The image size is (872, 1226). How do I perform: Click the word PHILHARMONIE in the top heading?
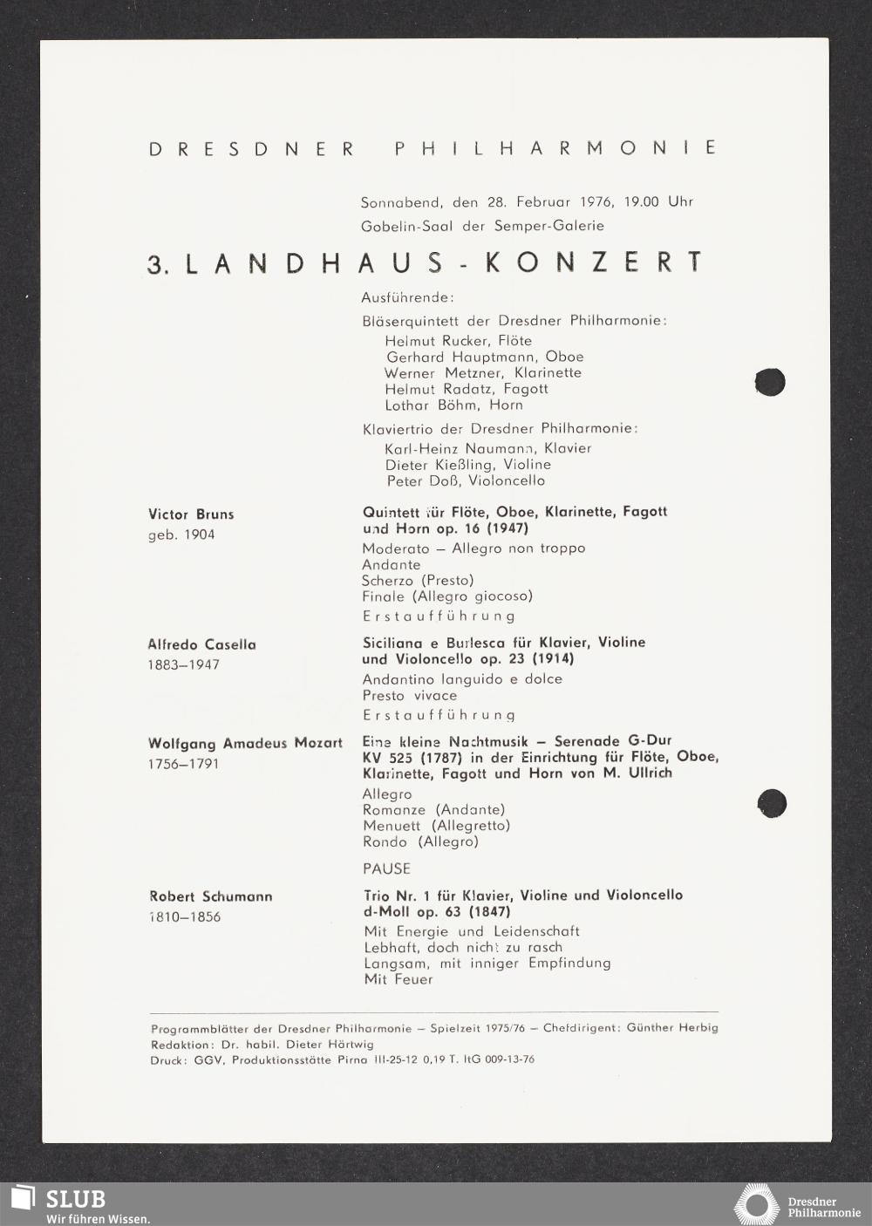click(555, 148)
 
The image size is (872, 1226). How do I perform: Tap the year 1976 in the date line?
click(597, 201)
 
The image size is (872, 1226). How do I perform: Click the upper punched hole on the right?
click(770, 382)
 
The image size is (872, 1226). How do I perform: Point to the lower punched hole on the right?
click(772, 802)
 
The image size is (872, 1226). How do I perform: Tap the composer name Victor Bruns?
click(191, 514)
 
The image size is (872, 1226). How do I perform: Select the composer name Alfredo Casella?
click(201, 644)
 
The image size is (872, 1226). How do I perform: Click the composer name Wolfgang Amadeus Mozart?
click(245, 744)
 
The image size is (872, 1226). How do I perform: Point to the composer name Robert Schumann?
click(210, 896)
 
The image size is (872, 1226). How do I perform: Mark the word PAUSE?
click(386, 868)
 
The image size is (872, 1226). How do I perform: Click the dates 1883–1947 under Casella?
click(183, 664)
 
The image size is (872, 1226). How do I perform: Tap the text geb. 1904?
click(181, 534)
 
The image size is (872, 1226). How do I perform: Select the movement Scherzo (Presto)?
click(418, 580)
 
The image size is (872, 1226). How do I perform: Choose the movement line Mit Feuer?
click(399, 979)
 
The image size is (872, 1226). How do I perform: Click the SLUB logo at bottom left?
click(59, 1203)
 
